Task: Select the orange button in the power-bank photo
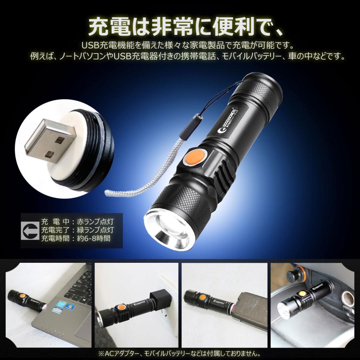[x=202, y=298]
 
